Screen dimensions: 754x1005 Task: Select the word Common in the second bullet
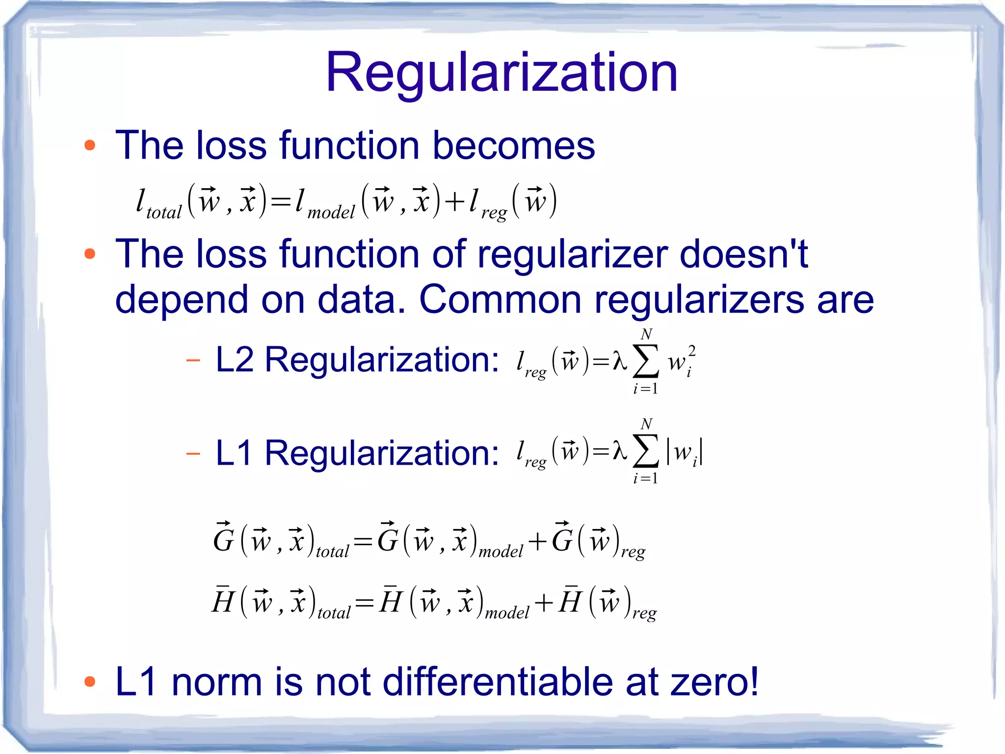point(500,300)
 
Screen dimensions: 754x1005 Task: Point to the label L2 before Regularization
point(235,360)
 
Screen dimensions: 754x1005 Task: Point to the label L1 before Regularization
point(234,452)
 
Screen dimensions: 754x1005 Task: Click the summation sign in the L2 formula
point(645,362)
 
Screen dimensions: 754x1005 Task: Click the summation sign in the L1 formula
point(645,451)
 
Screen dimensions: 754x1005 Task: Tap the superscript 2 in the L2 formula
point(691,351)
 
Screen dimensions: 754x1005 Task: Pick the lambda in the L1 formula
point(620,451)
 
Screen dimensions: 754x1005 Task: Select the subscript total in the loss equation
point(164,213)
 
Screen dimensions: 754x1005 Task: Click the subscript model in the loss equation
point(331,213)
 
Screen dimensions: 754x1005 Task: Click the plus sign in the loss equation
point(454,201)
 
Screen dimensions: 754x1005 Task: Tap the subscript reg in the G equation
point(633,552)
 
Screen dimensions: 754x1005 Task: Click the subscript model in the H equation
point(507,613)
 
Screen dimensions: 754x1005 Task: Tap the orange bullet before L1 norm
point(89,681)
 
